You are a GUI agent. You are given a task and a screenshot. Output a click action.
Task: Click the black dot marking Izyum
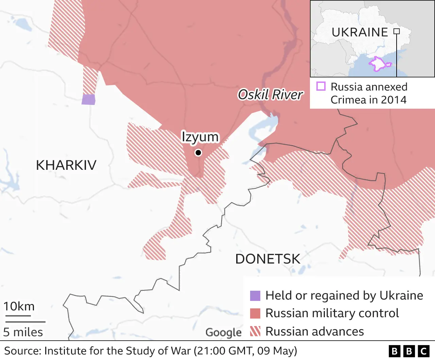click(x=198, y=153)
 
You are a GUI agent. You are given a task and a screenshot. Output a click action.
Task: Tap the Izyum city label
click(x=200, y=137)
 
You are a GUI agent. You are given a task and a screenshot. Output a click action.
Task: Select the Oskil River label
click(x=270, y=95)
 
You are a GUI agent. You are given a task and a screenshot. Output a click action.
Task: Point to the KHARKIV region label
click(x=66, y=165)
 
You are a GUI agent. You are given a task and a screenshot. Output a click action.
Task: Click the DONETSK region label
click(x=268, y=259)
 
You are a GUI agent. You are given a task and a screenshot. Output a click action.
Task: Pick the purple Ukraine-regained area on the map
click(x=88, y=100)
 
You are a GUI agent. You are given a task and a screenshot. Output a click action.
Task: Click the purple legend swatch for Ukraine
click(x=255, y=296)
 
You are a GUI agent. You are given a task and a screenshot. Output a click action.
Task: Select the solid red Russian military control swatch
click(x=255, y=313)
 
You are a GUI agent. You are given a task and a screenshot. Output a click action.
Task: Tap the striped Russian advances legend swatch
click(x=255, y=331)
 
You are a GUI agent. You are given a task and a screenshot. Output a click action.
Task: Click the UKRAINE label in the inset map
click(x=360, y=32)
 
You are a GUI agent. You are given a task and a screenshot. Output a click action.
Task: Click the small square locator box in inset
click(x=397, y=32)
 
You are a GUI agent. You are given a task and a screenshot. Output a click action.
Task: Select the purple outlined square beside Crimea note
click(x=321, y=86)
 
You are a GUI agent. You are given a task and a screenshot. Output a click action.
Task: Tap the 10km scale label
click(x=19, y=306)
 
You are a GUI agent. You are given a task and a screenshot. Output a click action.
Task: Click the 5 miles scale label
click(x=23, y=332)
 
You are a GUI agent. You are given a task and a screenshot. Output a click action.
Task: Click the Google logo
click(x=223, y=332)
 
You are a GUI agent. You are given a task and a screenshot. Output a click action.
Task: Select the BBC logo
click(x=409, y=351)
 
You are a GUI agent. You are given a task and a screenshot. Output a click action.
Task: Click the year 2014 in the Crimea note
click(x=394, y=100)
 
